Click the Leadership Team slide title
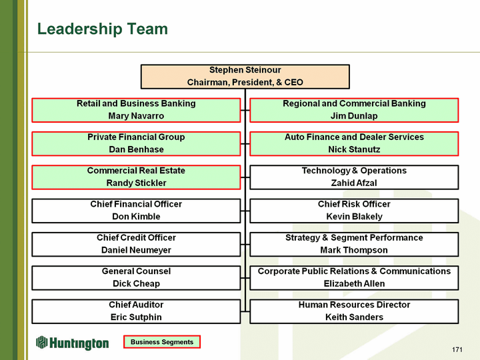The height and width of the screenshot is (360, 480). [103, 29]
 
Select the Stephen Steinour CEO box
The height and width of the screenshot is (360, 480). [245, 76]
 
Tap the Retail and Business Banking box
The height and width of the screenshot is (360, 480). [136, 110]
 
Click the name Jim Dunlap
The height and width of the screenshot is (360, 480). [354, 116]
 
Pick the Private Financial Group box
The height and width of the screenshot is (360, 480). [136, 143]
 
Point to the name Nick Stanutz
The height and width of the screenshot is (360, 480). [354, 149]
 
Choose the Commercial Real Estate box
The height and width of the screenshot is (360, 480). [136, 177]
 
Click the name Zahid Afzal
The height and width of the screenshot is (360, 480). [354, 183]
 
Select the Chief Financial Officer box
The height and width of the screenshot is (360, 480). [136, 210]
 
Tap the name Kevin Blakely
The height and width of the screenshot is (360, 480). [354, 217]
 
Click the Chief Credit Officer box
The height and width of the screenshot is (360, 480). [136, 244]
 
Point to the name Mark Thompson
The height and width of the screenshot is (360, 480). [354, 250]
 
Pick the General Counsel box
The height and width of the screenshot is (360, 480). [136, 277]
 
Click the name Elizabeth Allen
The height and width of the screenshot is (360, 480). [354, 283]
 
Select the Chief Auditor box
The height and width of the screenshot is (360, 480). [136, 311]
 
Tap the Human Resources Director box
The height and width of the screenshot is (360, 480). [354, 311]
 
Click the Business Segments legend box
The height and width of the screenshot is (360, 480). [162, 342]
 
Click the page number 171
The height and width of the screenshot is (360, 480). [457, 350]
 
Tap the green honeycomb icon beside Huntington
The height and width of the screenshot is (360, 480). [43, 342]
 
